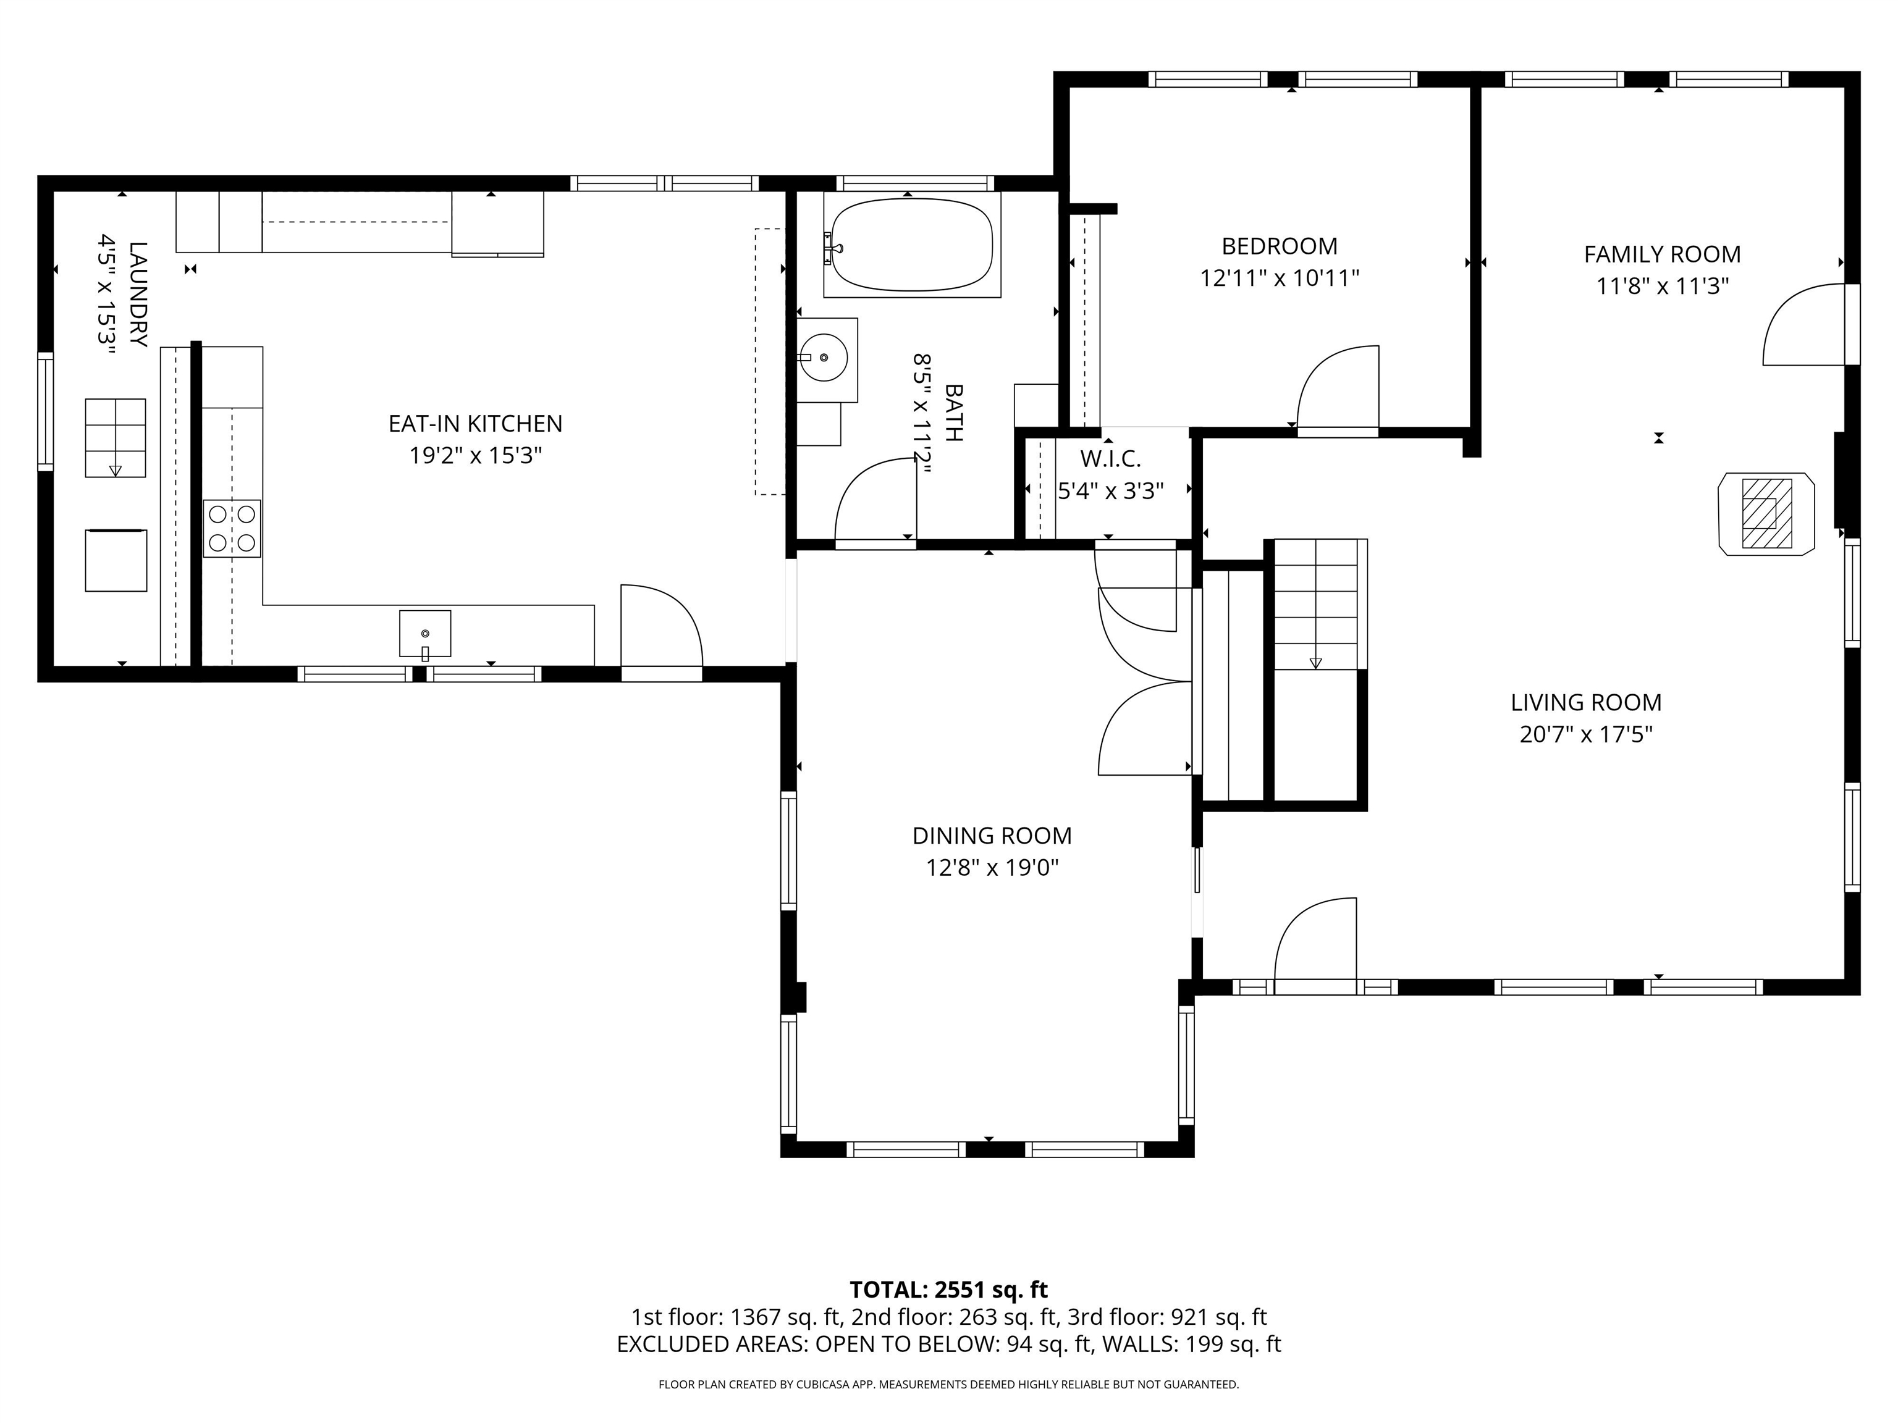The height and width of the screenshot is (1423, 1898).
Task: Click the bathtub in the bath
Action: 911,245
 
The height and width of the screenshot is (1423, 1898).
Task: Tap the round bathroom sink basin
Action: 824,358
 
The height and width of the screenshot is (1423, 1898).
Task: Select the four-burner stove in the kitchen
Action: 232,528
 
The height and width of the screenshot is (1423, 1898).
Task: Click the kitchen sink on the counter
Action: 424,634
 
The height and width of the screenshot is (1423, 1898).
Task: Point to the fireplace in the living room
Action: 1766,514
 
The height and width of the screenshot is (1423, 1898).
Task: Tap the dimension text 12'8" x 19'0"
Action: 992,868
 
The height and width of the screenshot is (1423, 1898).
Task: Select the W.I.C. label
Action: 1110,460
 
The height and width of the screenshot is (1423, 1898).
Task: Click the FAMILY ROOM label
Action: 1662,254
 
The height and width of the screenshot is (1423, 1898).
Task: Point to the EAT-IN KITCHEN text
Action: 475,424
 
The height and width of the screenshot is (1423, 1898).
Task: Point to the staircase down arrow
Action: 1315,663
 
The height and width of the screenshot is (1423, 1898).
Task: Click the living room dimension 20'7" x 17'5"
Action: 1585,735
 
